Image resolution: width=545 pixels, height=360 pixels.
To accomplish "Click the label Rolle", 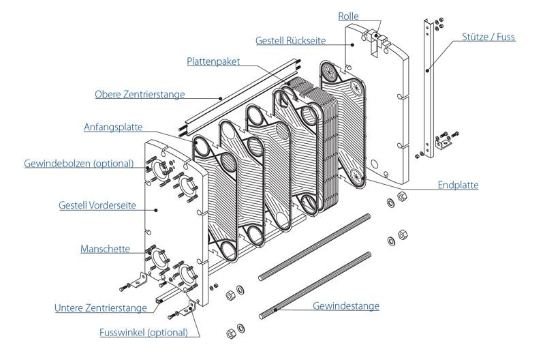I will pyautogui.click(x=348, y=16).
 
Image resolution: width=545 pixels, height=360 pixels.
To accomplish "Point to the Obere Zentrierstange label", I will pyautogui.click(x=140, y=95).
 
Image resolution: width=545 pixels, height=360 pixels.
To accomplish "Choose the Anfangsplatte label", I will pyautogui.click(x=114, y=127).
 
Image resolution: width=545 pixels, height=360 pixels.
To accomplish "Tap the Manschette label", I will pyautogui.click(x=106, y=249).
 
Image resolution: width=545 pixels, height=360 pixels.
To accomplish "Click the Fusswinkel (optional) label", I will pyautogui.click(x=144, y=333).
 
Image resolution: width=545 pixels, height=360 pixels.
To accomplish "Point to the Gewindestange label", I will pyautogui.click(x=345, y=306).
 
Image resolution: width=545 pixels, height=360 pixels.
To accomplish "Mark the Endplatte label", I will pyautogui.click(x=457, y=185).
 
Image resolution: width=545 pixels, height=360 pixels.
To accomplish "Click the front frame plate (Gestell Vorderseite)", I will pyautogui.click(x=170, y=225).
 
